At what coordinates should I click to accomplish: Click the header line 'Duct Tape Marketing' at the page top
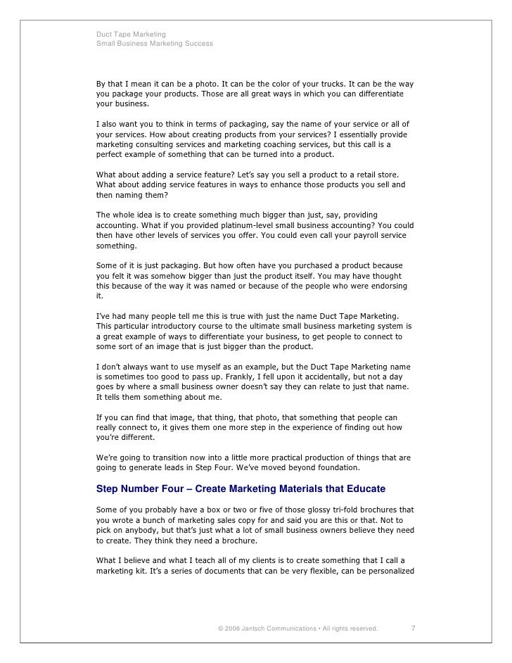click(x=131, y=34)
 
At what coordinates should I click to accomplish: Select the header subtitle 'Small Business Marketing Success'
click(x=154, y=44)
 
